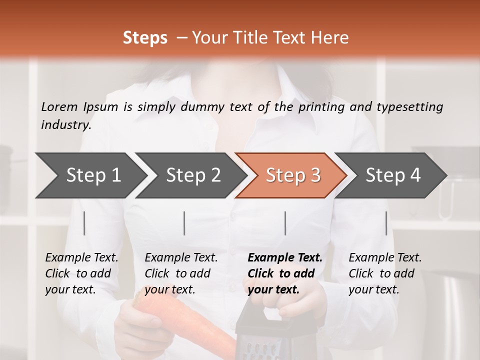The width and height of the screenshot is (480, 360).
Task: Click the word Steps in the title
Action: point(145,38)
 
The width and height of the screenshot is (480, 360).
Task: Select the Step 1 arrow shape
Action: point(90,175)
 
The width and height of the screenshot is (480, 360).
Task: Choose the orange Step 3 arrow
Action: point(292,175)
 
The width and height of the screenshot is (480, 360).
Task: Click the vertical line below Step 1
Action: point(84,223)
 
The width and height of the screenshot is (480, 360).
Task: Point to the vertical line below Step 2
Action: point(184,223)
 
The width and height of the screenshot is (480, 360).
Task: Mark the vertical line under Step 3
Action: point(285,223)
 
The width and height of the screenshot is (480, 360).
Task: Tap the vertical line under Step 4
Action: point(386,223)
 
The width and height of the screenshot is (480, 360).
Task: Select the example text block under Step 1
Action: point(81,273)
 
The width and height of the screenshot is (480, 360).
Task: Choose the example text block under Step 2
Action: point(181,273)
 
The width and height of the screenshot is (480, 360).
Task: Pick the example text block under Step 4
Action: point(385,273)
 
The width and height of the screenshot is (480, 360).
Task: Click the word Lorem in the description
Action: point(59,106)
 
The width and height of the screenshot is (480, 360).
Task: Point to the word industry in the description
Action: point(65,124)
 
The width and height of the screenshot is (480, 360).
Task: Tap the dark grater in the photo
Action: point(257,335)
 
